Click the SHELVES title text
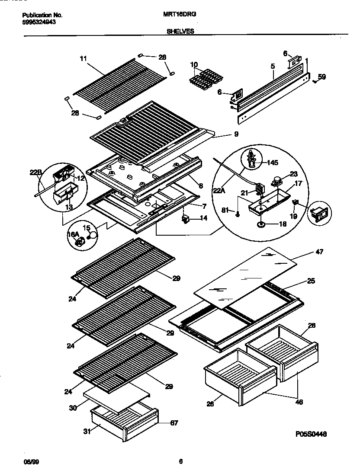click(180, 31)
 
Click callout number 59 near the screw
click(321, 77)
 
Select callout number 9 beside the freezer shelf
click(236, 134)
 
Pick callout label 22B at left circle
click(35, 172)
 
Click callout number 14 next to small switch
click(203, 218)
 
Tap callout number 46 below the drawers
click(298, 402)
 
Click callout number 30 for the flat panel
click(74, 407)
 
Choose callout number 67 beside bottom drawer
click(174, 422)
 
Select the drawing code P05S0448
click(312, 432)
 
